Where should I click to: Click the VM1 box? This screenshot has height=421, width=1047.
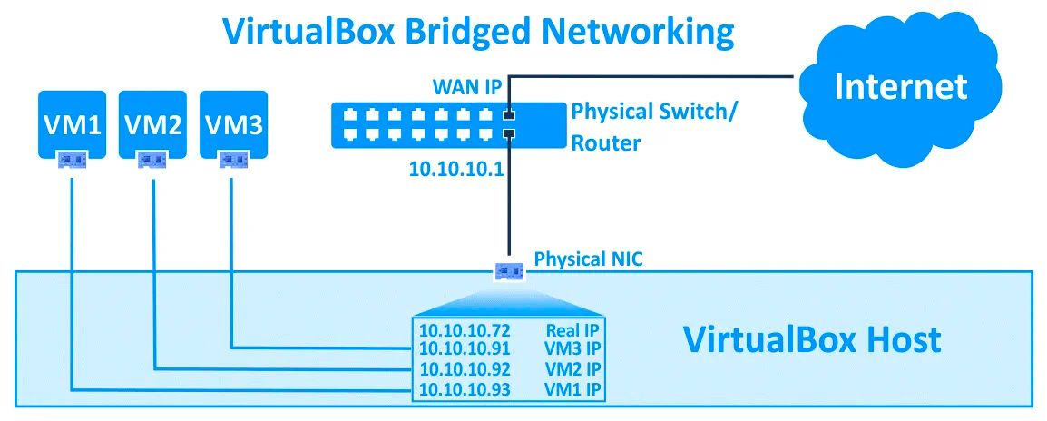pyautogui.click(x=72, y=123)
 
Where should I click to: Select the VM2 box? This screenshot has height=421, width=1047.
pyautogui.click(x=152, y=123)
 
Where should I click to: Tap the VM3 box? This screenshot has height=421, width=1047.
pyautogui.click(x=233, y=123)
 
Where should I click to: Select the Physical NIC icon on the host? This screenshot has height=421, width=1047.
pyautogui.click(x=509, y=270)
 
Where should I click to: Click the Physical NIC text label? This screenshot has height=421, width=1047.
pyautogui.click(x=588, y=259)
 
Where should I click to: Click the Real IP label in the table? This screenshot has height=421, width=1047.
pyautogui.click(x=573, y=330)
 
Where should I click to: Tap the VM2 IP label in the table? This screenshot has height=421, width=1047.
pyautogui.click(x=572, y=369)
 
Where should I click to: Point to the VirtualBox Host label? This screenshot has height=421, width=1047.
pyautogui.click(x=811, y=340)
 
